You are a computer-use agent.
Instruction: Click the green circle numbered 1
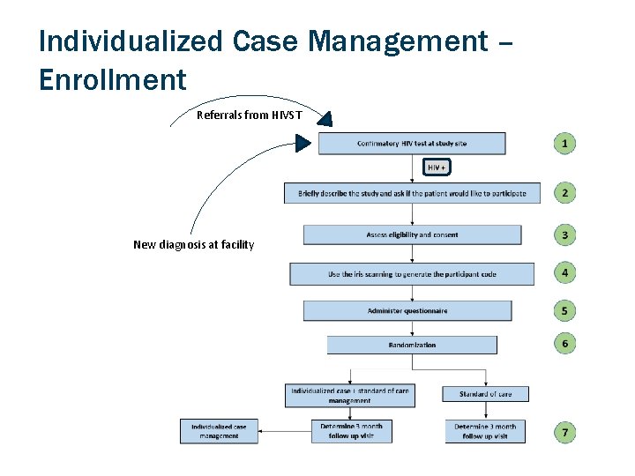(564, 143)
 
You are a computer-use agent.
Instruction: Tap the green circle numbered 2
(564, 192)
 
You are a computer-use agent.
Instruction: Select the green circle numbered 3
(564, 234)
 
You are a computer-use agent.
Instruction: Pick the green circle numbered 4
(564, 273)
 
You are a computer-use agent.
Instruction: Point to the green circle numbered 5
(564, 311)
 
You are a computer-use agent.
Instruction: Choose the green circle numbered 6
(564, 343)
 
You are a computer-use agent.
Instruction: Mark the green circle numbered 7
(564, 432)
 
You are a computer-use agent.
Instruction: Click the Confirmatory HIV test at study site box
(412, 144)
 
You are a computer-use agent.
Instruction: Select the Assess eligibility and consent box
(412, 234)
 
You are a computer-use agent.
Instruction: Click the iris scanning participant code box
(412, 274)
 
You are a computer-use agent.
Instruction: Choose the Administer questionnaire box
(407, 311)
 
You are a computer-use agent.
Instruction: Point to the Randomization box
(412, 345)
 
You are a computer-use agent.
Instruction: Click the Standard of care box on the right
(485, 394)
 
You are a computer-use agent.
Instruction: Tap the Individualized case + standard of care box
(349, 395)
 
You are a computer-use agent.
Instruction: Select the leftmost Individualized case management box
(219, 431)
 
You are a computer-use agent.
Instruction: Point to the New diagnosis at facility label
(193, 244)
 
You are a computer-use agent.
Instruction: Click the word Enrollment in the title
(113, 80)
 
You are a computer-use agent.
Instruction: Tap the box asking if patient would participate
(412, 193)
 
